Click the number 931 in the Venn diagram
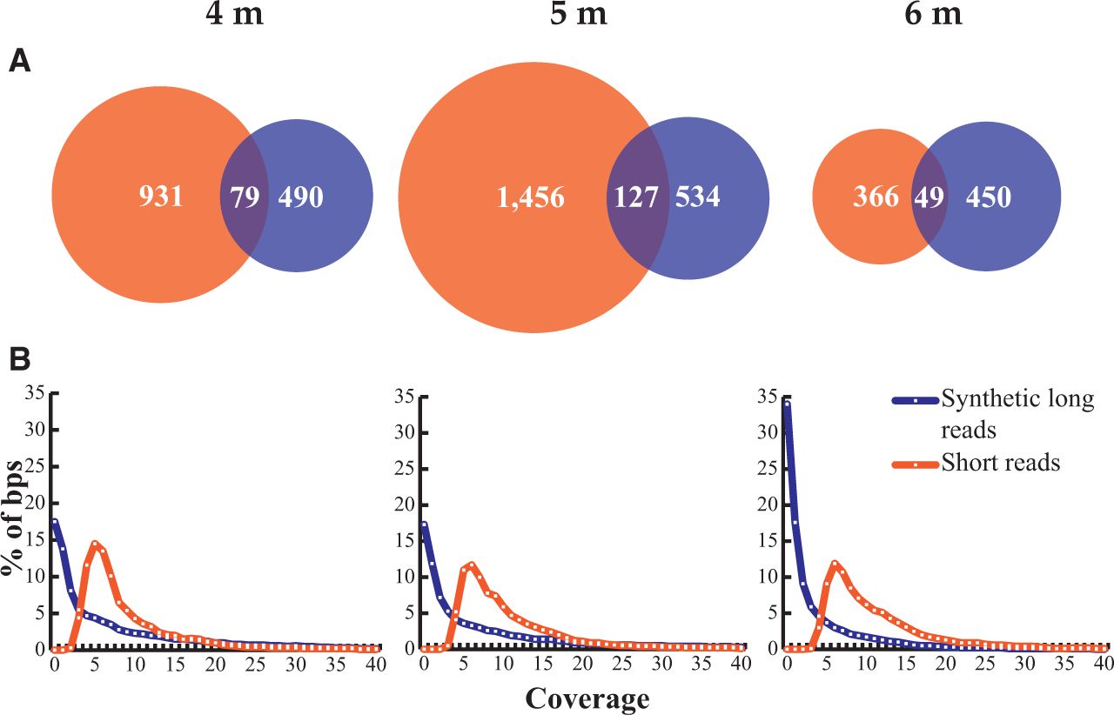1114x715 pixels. [x=160, y=197]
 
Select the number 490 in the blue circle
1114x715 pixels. [x=300, y=197]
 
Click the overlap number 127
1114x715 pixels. [x=637, y=198]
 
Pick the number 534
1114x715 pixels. [x=697, y=197]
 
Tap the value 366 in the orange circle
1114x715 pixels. [x=876, y=197]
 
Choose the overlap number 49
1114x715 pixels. [x=929, y=197]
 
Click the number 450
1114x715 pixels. [x=988, y=197]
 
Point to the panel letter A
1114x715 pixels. [x=20, y=63]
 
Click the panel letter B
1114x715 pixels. [x=20, y=357]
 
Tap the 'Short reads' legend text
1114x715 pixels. [x=1001, y=463]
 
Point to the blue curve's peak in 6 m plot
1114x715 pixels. [x=787, y=403]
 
